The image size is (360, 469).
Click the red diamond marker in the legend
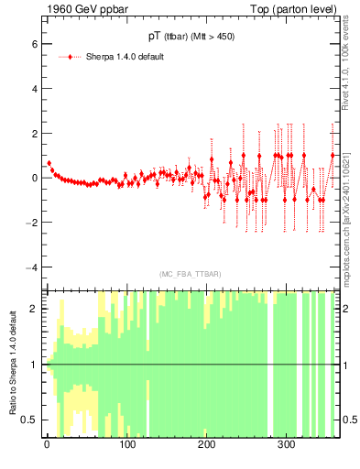tap(71, 57)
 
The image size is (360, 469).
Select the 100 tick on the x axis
tap(126, 445)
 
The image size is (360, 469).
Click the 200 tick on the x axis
tap(206, 445)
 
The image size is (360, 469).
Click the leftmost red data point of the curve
tap(49, 163)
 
